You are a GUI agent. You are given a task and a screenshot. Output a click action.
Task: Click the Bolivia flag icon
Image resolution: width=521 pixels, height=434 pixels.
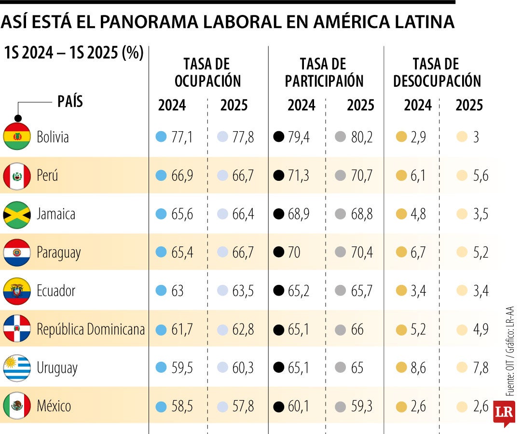[x=17, y=136]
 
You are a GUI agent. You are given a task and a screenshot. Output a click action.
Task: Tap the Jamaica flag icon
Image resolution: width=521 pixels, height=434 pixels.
[x=17, y=214]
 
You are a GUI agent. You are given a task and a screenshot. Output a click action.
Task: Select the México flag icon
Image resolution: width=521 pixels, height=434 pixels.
[x=17, y=406]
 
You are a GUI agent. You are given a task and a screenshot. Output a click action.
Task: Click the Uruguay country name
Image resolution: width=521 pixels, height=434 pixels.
[x=57, y=368]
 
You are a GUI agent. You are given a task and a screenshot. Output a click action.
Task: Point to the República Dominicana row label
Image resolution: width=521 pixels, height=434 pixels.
[x=91, y=329]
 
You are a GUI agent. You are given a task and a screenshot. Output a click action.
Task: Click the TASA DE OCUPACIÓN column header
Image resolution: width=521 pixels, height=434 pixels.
[x=207, y=72]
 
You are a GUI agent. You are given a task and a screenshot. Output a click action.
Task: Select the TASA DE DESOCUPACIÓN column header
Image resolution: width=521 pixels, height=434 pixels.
[x=437, y=72]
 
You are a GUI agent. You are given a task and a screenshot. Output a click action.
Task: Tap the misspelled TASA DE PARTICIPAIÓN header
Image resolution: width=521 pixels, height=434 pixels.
[x=324, y=72]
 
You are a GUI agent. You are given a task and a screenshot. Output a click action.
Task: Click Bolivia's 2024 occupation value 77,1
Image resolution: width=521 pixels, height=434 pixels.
[x=182, y=137]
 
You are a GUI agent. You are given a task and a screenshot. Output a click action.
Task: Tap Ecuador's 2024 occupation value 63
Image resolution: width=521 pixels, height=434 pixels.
[x=178, y=291]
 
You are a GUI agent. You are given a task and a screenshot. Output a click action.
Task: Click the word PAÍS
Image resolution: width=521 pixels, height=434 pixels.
[x=70, y=101]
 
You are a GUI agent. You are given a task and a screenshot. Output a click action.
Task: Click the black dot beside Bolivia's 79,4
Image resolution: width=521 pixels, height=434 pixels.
[x=278, y=137]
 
